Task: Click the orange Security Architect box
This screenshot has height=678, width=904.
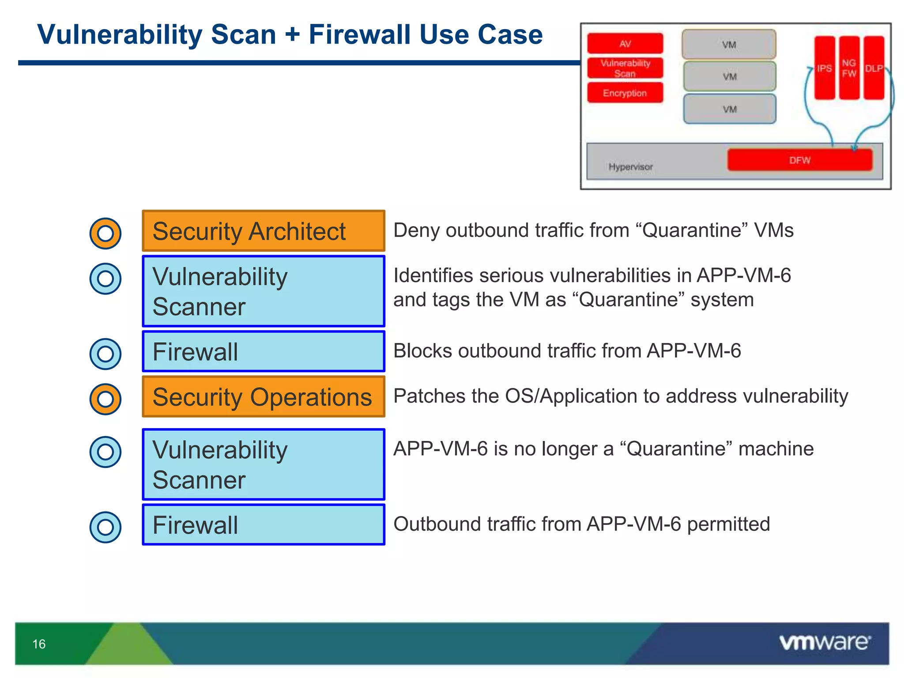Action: tap(263, 231)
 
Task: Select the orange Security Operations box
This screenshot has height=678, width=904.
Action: tap(263, 396)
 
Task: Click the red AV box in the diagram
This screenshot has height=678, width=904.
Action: tap(625, 43)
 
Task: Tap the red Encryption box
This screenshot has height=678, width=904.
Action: tap(625, 93)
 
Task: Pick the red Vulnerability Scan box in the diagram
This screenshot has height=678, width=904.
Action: tap(625, 68)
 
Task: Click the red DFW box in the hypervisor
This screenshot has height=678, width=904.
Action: tap(799, 160)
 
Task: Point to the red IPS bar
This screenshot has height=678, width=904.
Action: tap(824, 68)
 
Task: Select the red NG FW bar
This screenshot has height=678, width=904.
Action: tap(849, 68)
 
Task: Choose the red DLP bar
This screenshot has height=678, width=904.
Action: tap(874, 68)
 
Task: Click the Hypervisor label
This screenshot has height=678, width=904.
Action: tap(630, 167)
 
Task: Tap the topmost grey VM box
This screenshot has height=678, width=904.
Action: tap(729, 44)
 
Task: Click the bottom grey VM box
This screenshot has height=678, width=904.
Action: tap(729, 109)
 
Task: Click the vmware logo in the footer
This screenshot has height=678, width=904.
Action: tap(825, 642)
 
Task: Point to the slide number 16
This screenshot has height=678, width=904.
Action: tap(39, 644)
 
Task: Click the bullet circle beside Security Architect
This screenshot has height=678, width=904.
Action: tap(105, 233)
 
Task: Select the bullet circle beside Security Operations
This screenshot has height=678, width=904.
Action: tap(105, 399)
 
